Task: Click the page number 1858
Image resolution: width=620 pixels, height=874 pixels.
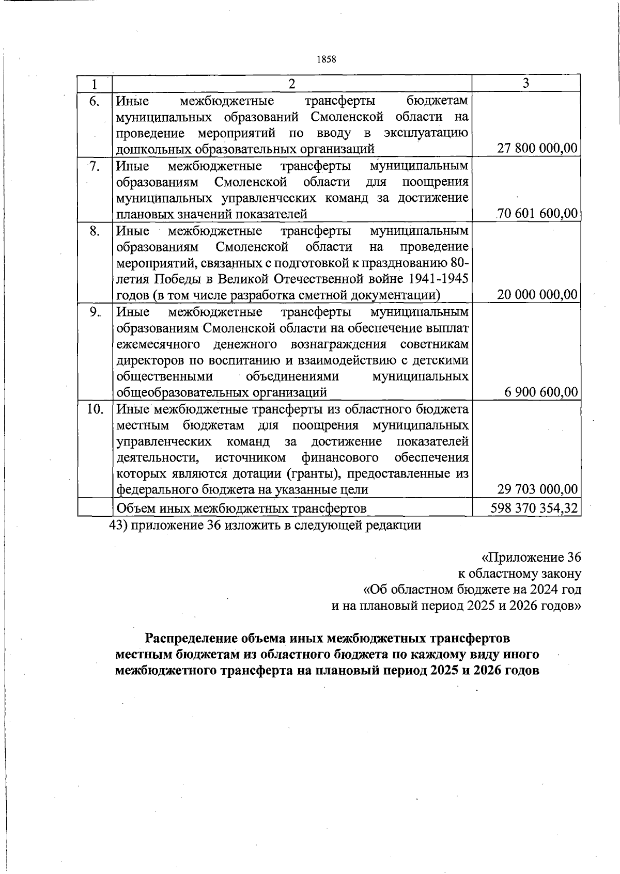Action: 326,59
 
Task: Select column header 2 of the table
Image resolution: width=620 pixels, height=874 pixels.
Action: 292,84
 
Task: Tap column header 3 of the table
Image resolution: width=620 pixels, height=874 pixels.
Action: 526,84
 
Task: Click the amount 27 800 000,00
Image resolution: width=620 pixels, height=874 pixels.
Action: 537,149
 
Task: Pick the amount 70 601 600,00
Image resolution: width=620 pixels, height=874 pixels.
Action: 537,214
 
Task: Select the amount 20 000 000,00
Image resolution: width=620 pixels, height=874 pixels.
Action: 537,295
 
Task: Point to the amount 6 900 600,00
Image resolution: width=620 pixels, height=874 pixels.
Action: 541,392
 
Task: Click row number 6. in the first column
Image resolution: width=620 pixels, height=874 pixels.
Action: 94,101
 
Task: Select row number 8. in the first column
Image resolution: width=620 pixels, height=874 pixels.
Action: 95,231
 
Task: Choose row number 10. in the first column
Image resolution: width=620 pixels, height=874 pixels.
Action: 95,409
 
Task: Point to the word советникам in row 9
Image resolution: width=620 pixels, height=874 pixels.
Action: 434,344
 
